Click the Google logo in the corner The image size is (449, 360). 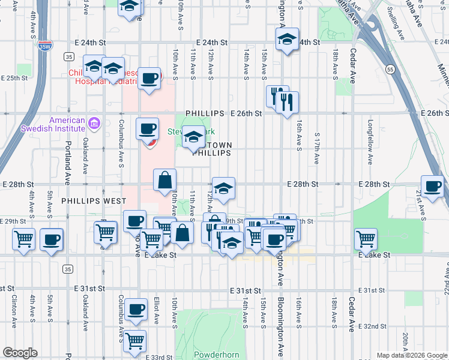tap(20, 353)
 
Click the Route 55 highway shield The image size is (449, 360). tap(390, 69)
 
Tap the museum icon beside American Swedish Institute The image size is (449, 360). tap(94, 124)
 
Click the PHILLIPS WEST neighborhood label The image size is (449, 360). tap(94, 201)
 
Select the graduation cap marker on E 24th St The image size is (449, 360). tap(287, 40)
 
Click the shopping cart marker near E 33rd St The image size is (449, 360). tap(136, 341)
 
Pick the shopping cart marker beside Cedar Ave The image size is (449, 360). tap(366, 239)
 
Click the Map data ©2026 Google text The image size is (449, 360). tap(412, 355)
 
